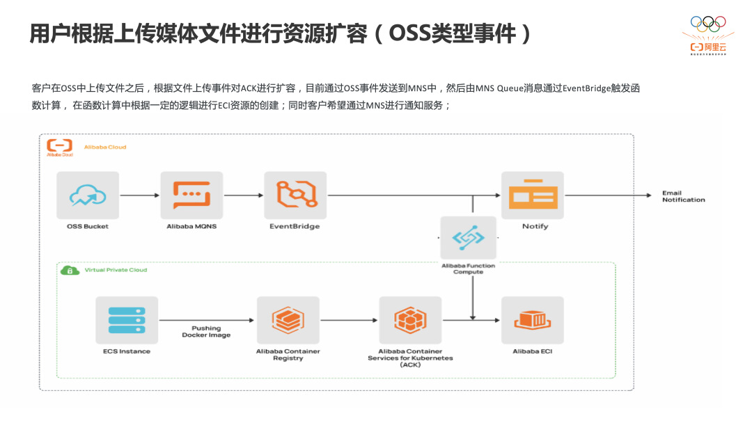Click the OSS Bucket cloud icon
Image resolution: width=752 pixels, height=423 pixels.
click(88, 195)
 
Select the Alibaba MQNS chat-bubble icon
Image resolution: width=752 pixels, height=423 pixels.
click(191, 195)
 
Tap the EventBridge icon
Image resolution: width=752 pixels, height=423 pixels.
click(295, 195)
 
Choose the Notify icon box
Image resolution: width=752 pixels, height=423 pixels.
click(533, 195)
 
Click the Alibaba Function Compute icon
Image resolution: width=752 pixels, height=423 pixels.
click(468, 238)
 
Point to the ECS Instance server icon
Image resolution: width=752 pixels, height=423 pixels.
click(127, 320)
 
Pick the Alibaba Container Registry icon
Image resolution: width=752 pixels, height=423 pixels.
click(288, 320)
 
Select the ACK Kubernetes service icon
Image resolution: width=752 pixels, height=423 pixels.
click(410, 320)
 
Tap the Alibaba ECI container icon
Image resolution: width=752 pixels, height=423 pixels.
click(533, 320)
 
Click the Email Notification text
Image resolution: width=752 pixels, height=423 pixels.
click(683, 196)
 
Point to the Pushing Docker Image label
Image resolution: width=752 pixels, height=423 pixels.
click(206, 331)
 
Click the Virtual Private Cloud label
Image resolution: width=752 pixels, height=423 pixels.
click(116, 270)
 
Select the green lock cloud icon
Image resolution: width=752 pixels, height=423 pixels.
click(69, 270)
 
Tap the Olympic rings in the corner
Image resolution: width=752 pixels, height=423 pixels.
click(707, 22)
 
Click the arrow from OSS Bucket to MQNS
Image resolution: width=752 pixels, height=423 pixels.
click(139, 195)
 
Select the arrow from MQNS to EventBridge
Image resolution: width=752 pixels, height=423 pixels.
click(243, 195)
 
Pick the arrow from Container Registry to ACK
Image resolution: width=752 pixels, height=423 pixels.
click(349, 320)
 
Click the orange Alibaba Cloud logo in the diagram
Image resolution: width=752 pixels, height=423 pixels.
click(59, 147)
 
